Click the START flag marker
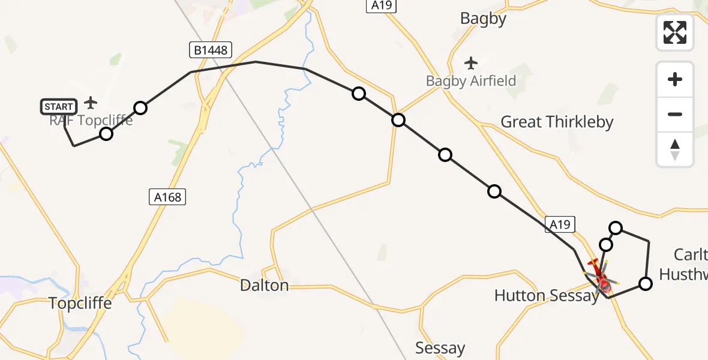click(x=59, y=107)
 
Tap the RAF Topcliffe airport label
click(x=91, y=121)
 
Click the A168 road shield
click(x=167, y=196)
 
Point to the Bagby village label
click(x=483, y=19)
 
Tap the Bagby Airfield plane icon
click(x=471, y=62)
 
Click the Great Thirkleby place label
click(x=557, y=122)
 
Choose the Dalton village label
click(x=264, y=286)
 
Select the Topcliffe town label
click(x=80, y=304)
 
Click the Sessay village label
click(x=440, y=349)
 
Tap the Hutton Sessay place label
click(x=546, y=295)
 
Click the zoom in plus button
click(x=675, y=79)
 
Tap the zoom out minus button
click(x=675, y=114)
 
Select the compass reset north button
click(x=675, y=149)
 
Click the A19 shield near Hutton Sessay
click(x=560, y=224)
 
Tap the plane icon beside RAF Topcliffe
click(x=91, y=103)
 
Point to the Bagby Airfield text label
click(x=471, y=81)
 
